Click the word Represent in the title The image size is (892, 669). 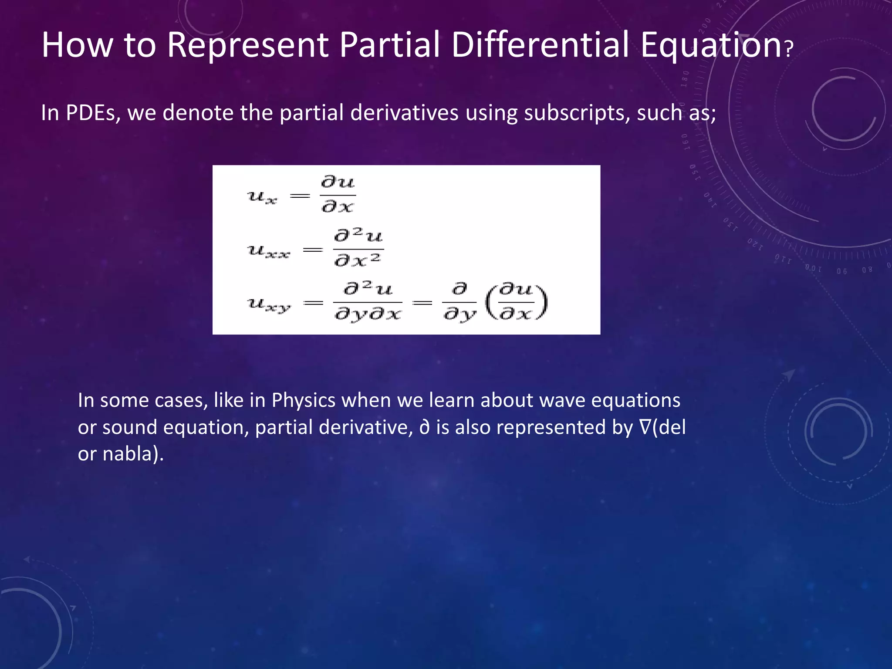click(x=247, y=45)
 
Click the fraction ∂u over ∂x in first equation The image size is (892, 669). click(x=338, y=194)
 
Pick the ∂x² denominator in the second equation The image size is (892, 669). click(x=358, y=260)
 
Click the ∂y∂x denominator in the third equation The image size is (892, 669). click(x=368, y=314)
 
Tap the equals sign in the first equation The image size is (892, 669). click(x=300, y=196)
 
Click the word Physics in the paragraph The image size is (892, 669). click(x=304, y=400)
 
